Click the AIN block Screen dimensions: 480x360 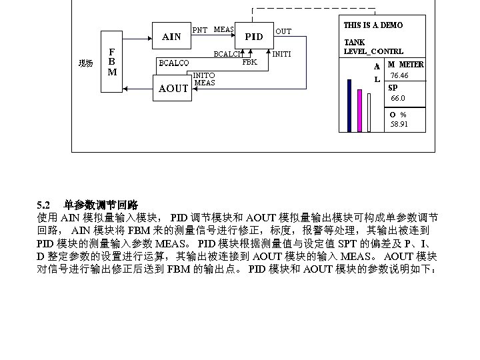click(x=171, y=37)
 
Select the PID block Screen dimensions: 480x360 click(x=254, y=37)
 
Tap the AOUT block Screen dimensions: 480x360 click(x=172, y=89)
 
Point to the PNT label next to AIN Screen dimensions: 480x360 click(x=199, y=30)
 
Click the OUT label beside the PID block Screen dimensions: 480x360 click(x=283, y=31)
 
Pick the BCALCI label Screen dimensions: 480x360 click(x=226, y=54)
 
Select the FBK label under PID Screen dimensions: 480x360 click(x=249, y=62)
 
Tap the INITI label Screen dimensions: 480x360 click(x=281, y=53)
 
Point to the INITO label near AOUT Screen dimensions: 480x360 click(x=204, y=75)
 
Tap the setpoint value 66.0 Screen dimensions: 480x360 click(x=398, y=98)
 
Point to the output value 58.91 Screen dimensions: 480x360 click(x=399, y=123)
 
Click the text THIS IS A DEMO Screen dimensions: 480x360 click(x=373, y=25)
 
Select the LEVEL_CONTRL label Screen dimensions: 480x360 click(x=373, y=51)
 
